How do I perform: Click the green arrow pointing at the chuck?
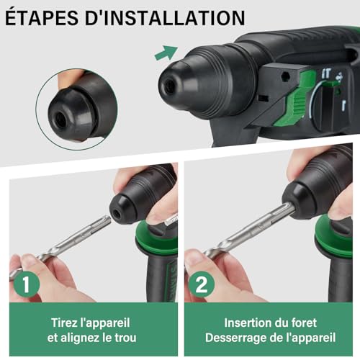[x=166, y=53]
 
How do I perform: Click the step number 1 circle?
[x=26, y=283]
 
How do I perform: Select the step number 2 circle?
[x=202, y=283]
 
